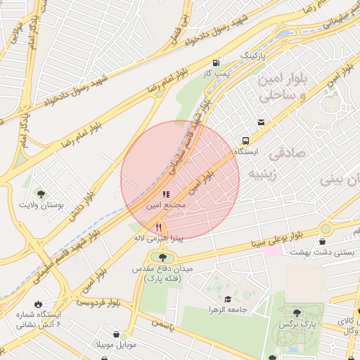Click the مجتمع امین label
165,205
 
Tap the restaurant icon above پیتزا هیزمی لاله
159,227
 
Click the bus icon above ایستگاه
245,140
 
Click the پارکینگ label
255,54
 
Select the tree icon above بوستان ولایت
42,194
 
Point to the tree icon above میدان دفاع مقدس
153,257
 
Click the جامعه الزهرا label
224,309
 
